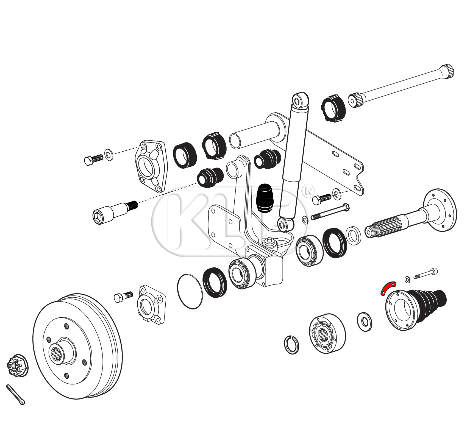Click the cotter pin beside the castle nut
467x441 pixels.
click(x=15, y=395)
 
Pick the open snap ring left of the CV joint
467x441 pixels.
click(x=291, y=345)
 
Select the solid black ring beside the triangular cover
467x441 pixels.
click(x=185, y=155)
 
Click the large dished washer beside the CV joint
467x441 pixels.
click(x=365, y=321)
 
